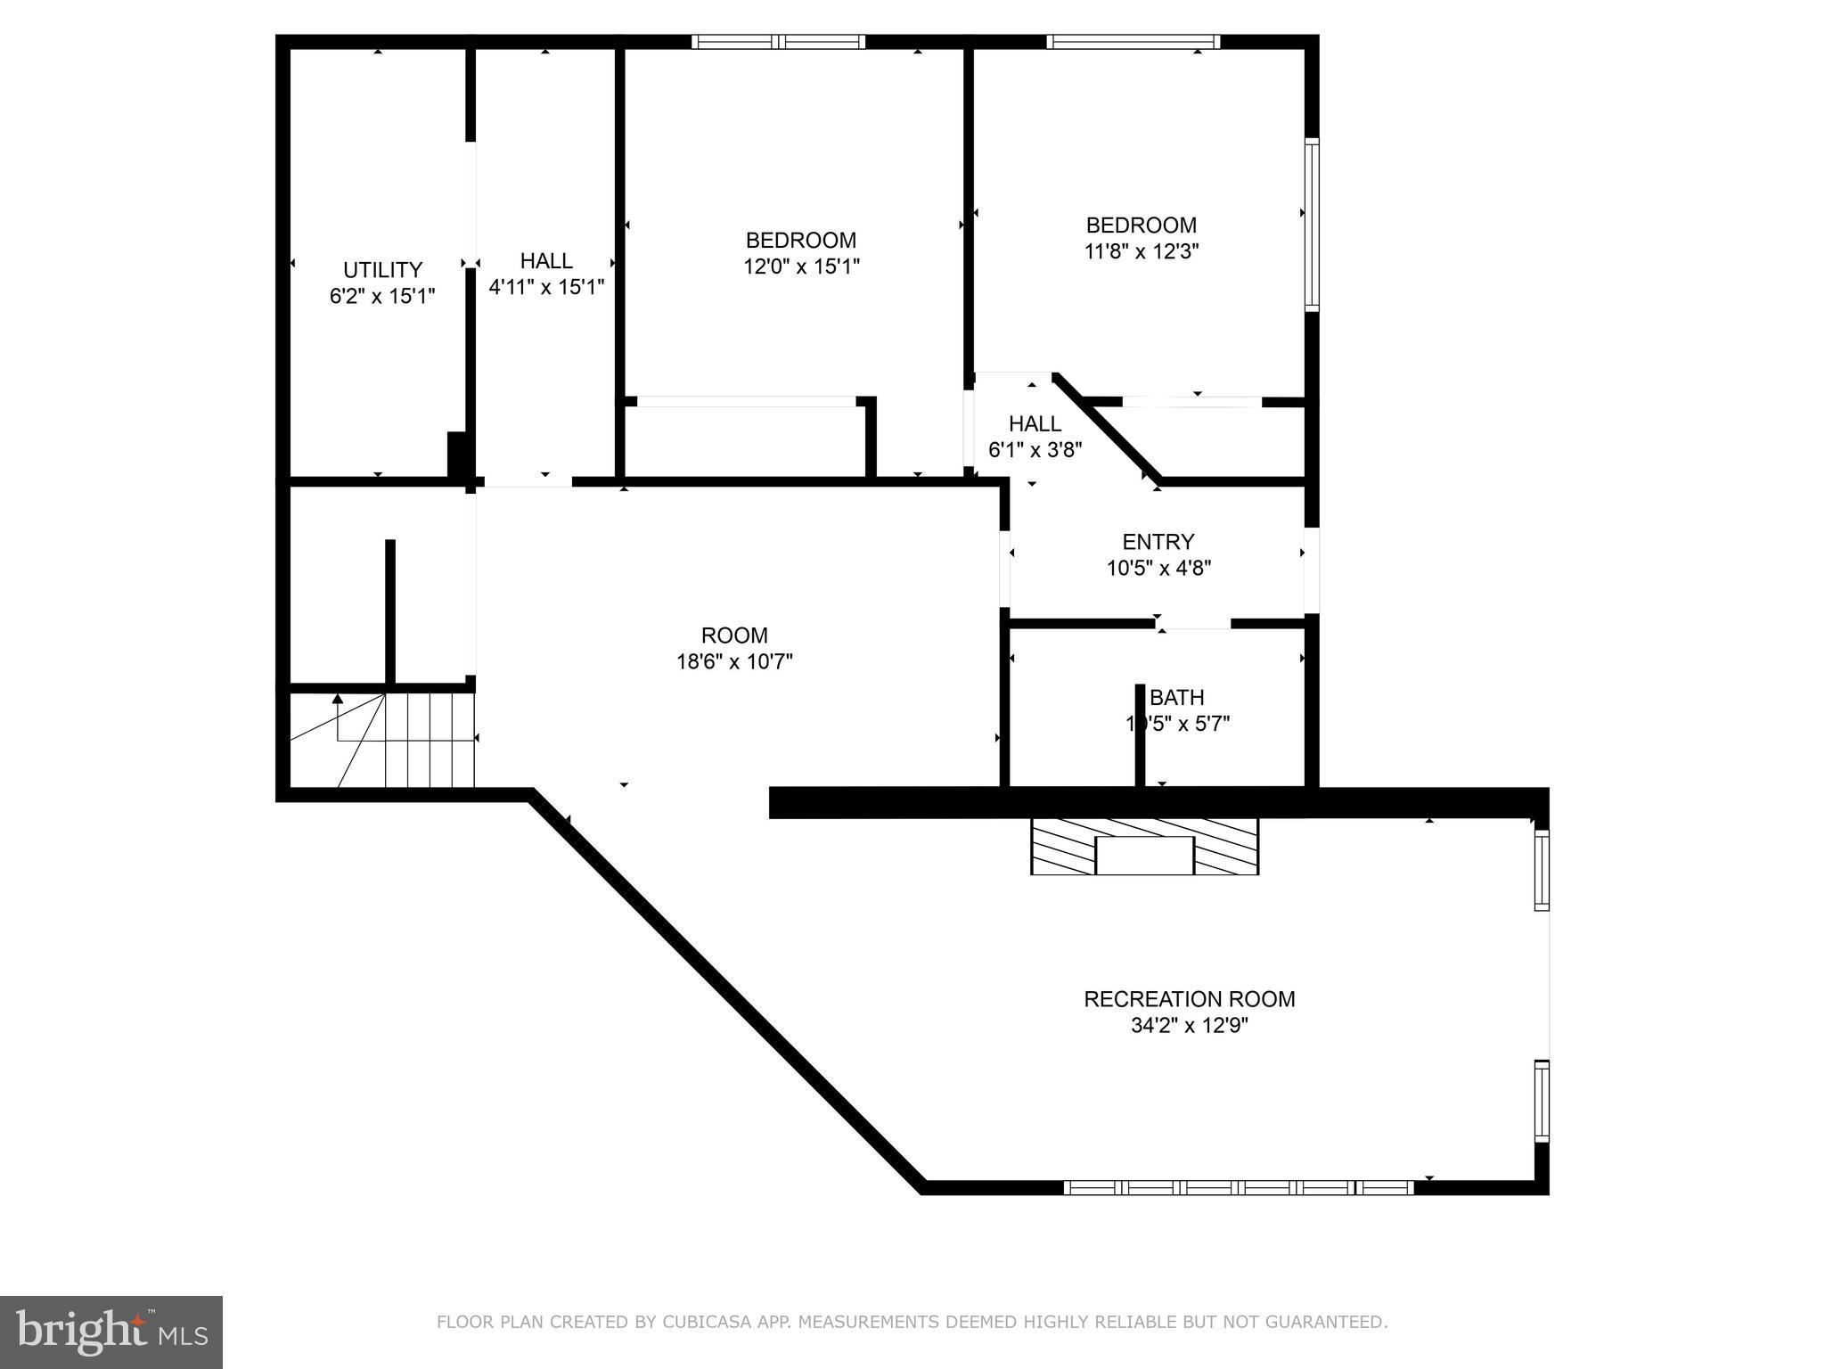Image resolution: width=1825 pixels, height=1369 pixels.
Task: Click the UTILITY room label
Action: [x=382, y=269]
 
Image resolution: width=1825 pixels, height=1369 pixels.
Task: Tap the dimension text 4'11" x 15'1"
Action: [x=546, y=287]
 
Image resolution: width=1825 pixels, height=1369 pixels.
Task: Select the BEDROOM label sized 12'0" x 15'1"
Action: [x=800, y=240]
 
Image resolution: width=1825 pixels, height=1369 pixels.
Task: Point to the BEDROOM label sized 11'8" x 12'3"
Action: [x=1141, y=225]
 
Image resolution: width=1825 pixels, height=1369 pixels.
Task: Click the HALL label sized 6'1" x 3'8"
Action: [x=1035, y=423]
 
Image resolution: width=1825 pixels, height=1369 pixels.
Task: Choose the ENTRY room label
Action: [x=1158, y=542]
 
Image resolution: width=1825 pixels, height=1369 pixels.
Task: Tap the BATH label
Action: [x=1177, y=697]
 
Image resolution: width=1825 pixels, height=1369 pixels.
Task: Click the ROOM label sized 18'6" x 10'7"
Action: [x=734, y=635]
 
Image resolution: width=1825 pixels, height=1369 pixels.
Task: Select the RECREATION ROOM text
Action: [x=1189, y=999]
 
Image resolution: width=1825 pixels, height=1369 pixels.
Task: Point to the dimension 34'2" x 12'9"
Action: [x=1189, y=1026]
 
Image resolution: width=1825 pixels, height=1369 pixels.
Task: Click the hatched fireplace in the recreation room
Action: [x=1144, y=846]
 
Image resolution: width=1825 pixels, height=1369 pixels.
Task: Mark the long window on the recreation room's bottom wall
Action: [x=1239, y=1187]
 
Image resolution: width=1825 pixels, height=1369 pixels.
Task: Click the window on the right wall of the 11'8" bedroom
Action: [x=1312, y=225]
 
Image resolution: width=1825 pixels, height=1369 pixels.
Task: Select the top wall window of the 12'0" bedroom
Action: [x=779, y=41]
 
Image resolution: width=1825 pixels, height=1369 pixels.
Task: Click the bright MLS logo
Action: [x=110, y=1332]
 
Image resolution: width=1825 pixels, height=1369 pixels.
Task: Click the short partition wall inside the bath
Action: [x=1139, y=736]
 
